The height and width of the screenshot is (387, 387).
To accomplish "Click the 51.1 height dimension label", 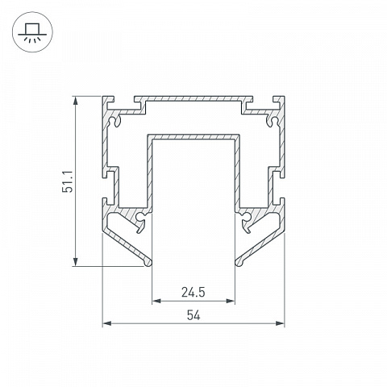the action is [68, 181].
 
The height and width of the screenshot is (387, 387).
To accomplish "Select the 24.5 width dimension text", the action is [193, 293].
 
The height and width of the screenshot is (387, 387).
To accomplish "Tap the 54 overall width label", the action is [193, 315].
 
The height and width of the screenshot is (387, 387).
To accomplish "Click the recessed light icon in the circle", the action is [32, 32].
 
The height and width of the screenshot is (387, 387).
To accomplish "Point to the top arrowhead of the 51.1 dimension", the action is [76, 101].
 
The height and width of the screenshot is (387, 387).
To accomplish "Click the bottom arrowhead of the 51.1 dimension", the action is [76, 261].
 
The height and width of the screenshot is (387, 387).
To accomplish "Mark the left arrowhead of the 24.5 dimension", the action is [156, 301].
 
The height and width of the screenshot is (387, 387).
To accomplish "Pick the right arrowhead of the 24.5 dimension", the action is [231, 301].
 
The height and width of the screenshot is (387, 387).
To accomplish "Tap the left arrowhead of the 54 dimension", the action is [107, 323].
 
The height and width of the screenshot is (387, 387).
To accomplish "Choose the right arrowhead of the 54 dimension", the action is [280, 323].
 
